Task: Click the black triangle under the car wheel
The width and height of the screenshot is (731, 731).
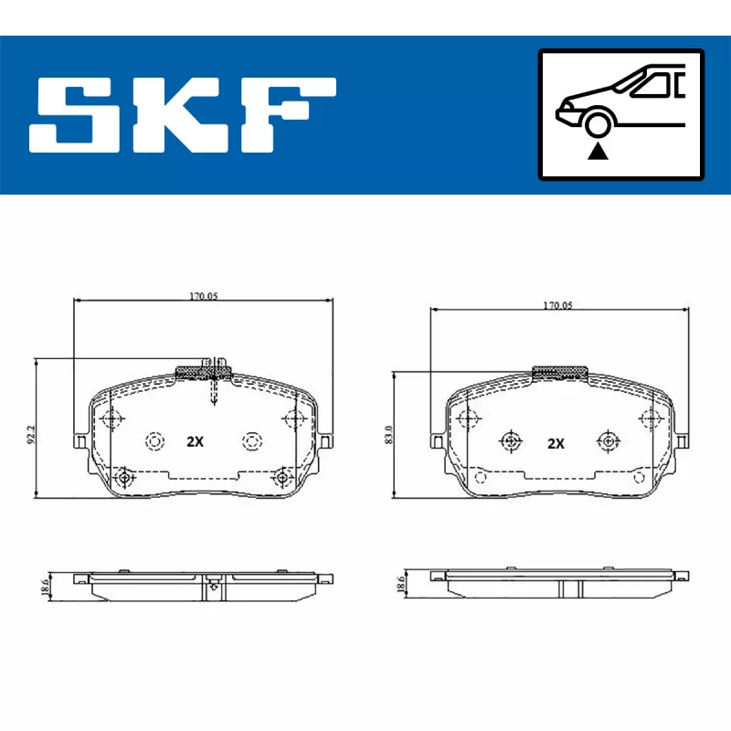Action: tap(598, 152)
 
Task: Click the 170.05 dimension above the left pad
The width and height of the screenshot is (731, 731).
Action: tap(203, 296)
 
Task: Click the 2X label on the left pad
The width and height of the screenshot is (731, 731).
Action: tap(194, 441)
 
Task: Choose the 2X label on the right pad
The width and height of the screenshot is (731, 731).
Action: tap(556, 443)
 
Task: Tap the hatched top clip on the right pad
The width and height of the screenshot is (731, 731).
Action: tap(559, 372)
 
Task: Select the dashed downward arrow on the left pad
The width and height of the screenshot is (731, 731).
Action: tap(213, 393)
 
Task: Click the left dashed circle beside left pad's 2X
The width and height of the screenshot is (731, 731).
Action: tap(154, 441)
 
